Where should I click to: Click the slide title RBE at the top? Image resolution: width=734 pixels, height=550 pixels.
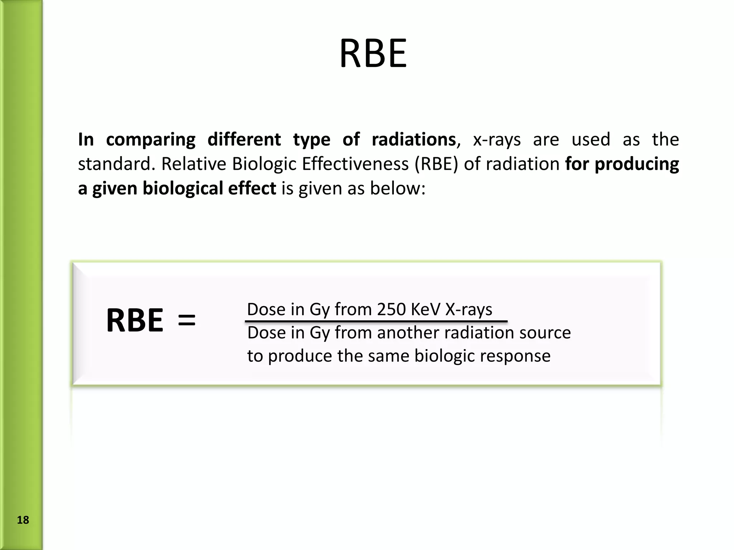[x=373, y=54]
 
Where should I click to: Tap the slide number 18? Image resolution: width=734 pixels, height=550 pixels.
[x=23, y=520]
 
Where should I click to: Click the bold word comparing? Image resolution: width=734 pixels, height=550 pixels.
[x=151, y=140]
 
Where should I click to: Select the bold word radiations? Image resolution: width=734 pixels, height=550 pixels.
[x=413, y=140]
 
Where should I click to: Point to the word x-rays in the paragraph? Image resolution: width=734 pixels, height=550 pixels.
[x=497, y=140]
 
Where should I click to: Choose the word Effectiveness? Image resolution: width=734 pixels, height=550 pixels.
[x=355, y=164]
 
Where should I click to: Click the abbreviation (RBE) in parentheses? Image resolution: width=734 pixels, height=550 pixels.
[x=436, y=164]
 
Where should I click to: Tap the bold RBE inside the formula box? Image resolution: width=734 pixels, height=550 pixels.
[x=135, y=320]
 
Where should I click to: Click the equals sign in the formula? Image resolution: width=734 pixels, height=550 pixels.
[x=187, y=320]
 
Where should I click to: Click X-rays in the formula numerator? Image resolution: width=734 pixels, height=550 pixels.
[x=469, y=309]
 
